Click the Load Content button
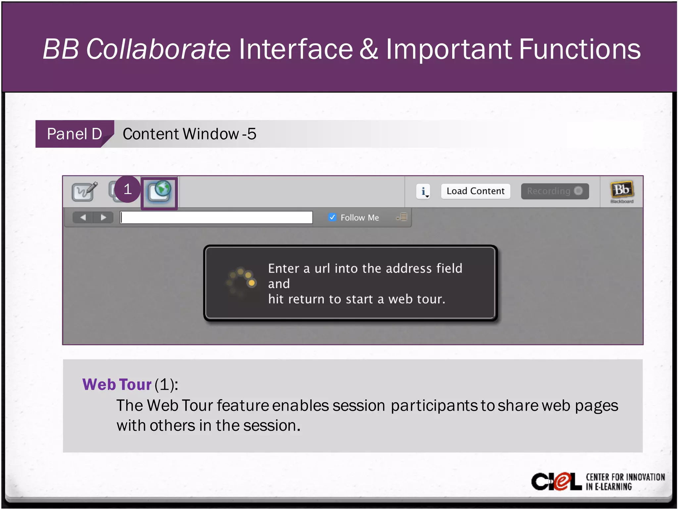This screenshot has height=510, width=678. click(475, 191)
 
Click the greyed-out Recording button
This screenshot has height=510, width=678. click(555, 191)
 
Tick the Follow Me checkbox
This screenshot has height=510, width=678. click(332, 217)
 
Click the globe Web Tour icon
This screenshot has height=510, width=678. click(160, 193)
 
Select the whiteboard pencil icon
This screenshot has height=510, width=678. click(85, 191)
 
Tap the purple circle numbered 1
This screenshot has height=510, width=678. click(127, 189)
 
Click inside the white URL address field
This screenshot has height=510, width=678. click(216, 217)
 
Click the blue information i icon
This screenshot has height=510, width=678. click(423, 191)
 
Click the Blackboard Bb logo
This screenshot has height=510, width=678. click(621, 191)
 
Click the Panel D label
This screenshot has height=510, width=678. click(74, 134)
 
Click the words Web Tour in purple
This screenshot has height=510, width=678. click(117, 384)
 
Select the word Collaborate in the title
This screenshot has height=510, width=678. click(158, 49)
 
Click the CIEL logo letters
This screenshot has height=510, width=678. click(556, 481)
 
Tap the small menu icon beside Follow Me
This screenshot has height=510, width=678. click(402, 217)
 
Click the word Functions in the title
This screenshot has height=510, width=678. click(579, 49)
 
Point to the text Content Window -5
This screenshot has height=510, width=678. click(189, 134)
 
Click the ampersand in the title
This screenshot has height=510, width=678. click(369, 49)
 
